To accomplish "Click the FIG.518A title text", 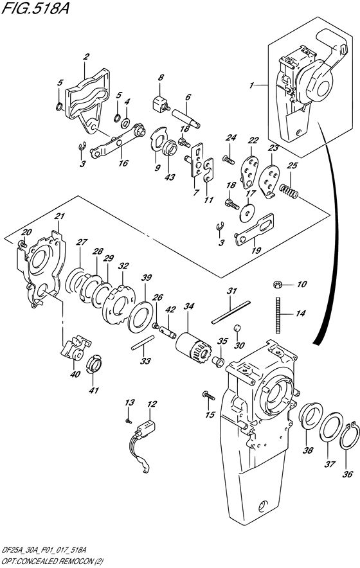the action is (x=35, y=8).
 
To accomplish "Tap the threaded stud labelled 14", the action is (x=278, y=314).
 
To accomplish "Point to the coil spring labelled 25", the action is (x=289, y=190).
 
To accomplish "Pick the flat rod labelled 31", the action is (x=231, y=312).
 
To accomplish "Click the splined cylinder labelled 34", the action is (x=192, y=348).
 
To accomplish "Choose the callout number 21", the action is (x=59, y=216).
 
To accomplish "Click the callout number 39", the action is (x=146, y=278).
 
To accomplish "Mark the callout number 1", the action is (x=251, y=85).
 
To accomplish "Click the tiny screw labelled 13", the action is (x=129, y=420).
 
